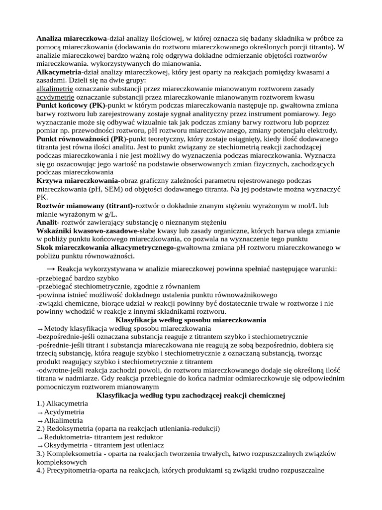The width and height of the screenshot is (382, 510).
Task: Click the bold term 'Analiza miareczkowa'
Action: tap(72, 38)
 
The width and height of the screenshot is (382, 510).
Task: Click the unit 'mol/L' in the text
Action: tap(321, 206)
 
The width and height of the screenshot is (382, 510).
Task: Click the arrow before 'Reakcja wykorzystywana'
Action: tap(49, 268)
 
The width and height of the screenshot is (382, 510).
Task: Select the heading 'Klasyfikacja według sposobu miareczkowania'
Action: tap(191, 320)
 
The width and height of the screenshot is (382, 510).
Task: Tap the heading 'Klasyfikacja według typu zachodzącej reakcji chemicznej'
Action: tap(191, 395)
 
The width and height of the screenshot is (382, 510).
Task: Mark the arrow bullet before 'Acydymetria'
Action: tap(40, 412)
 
